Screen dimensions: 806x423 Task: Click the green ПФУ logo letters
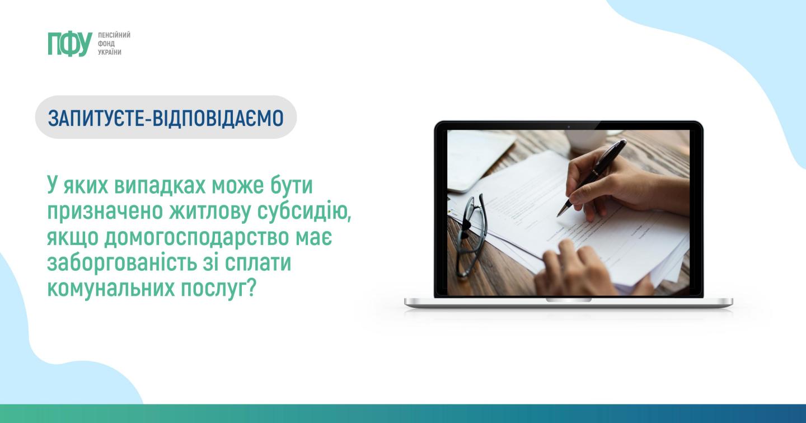point(69,45)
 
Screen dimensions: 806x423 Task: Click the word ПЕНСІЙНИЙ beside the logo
point(114,35)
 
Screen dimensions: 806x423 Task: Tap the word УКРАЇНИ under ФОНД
point(109,52)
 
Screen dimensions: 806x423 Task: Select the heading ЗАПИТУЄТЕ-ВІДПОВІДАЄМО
point(166,117)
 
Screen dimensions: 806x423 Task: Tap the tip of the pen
point(557,216)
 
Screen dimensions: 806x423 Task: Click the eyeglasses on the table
point(471,234)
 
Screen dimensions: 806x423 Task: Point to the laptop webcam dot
point(569,126)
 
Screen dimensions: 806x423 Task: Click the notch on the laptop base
point(569,300)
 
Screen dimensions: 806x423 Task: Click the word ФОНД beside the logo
point(106,44)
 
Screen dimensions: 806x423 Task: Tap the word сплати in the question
point(257,264)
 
